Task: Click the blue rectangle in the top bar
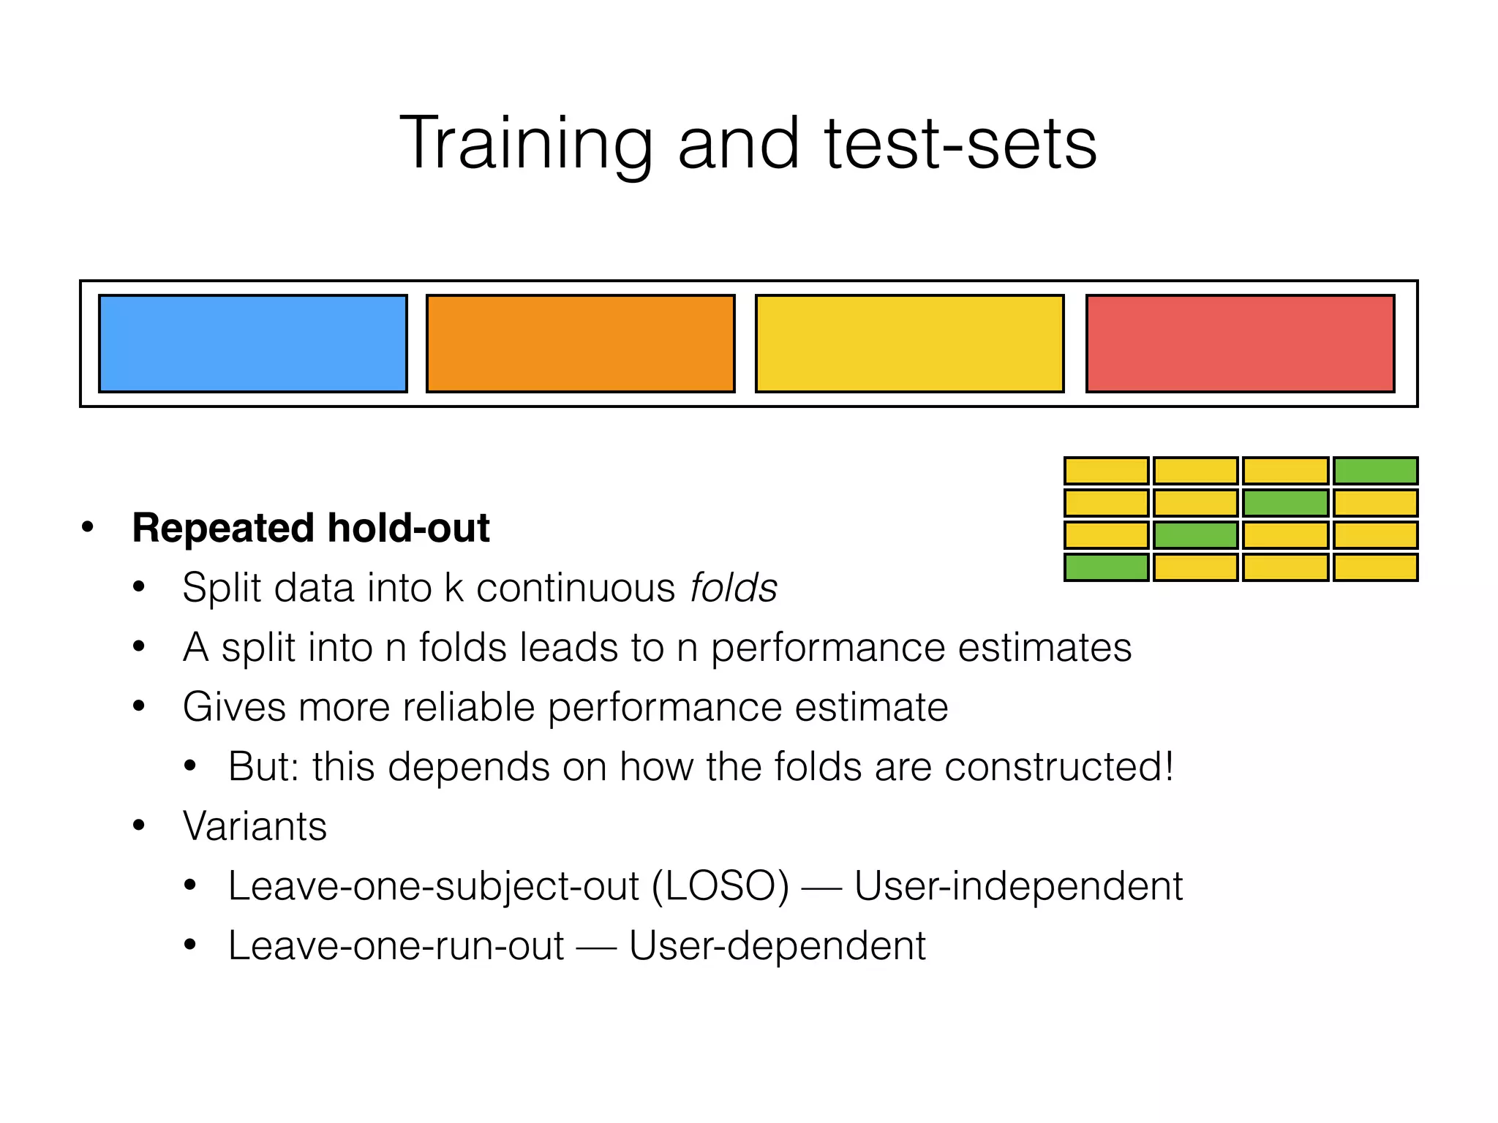pyautogui.click(x=252, y=344)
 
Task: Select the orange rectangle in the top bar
pyautogui.click(x=580, y=344)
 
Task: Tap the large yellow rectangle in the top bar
pyautogui.click(x=909, y=344)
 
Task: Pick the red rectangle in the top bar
pyautogui.click(x=1240, y=344)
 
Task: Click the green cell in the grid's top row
pyautogui.click(x=1375, y=471)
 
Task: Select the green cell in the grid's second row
pyautogui.click(x=1285, y=503)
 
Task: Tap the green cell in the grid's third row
pyautogui.click(x=1195, y=535)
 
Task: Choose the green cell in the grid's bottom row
pyautogui.click(x=1106, y=567)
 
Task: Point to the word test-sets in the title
pyautogui.click(x=960, y=144)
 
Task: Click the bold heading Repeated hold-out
pyautogui.click(x=311, y=528)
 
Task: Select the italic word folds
pyautogui.click(x=734, y=588)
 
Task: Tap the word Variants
pyautogui.click(x=255, y=826)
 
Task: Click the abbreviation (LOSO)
pyautogui.click(x=720, y=886)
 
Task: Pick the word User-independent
pyautogui.click(x=1018, y=886)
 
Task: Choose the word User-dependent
pyautogui.click(x=777, y=946)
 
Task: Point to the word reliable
pyautogui.click(x=468, y=707)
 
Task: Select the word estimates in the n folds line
pyautogui.click(x=1045, y=648)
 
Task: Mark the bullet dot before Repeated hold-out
pyautogui.click(x=88, y=528)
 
